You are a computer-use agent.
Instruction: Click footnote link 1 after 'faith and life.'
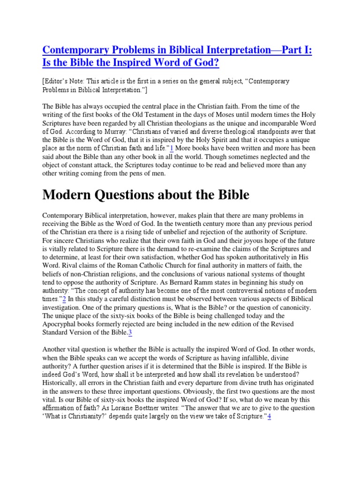click(x=172, y=149)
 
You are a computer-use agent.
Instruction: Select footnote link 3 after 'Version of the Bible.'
click(x=130, y=333)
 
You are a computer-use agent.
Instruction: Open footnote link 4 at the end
click(x=270, y=416)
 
